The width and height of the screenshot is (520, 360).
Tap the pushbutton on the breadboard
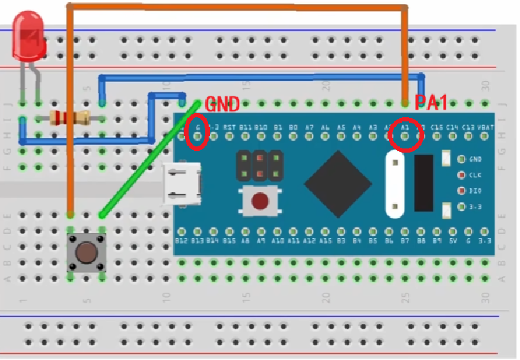[86, 252]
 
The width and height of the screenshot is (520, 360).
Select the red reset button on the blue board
[261, 202]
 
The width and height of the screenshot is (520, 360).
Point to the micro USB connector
[182, 185]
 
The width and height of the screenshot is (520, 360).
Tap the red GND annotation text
[222, 105]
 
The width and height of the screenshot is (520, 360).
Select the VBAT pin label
[485, 128]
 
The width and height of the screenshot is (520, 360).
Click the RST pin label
[229, 128]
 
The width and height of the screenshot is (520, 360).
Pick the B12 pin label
[182, 240]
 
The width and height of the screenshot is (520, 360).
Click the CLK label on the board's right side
[476, 175]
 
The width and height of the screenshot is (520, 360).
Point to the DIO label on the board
[476, 191]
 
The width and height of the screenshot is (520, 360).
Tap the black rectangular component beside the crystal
[424, 182]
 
